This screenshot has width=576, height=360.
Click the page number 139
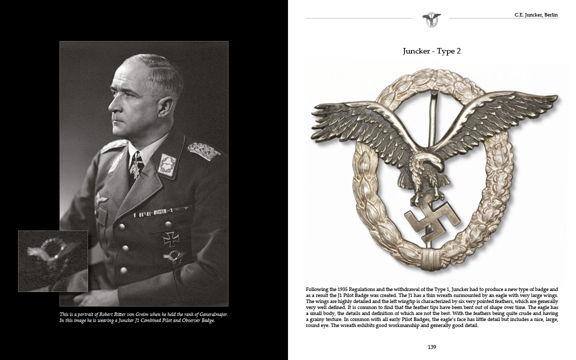(432, 347)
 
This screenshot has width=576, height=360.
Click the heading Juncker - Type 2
(431, 51)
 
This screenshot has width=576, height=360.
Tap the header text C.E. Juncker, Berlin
(536, 15)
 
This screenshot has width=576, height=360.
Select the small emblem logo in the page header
(431, 19)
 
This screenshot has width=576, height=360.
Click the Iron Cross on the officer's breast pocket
(170, 238)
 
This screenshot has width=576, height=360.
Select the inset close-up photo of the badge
(53, 261)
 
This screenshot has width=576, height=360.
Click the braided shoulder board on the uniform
(203, 149)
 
